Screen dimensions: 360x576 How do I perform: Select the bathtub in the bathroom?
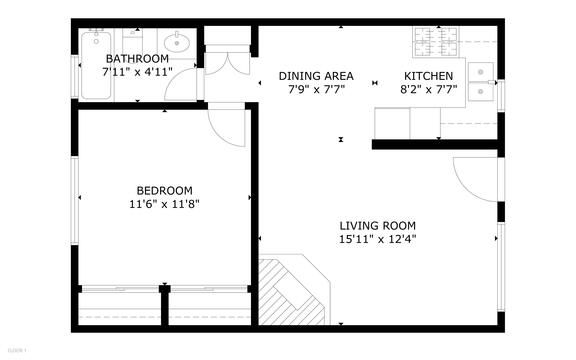(97, 65)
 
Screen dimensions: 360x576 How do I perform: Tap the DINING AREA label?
(316, 76)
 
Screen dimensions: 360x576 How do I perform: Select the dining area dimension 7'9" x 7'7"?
(316, 89)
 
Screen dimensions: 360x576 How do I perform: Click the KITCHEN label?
(428, 76)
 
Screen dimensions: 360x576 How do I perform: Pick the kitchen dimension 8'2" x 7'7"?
(428, 89)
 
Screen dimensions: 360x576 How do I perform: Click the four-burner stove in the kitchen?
(436, 42)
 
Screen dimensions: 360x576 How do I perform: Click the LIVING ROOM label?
(377, 226)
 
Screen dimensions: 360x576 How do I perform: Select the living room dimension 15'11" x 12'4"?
(377, 239)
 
